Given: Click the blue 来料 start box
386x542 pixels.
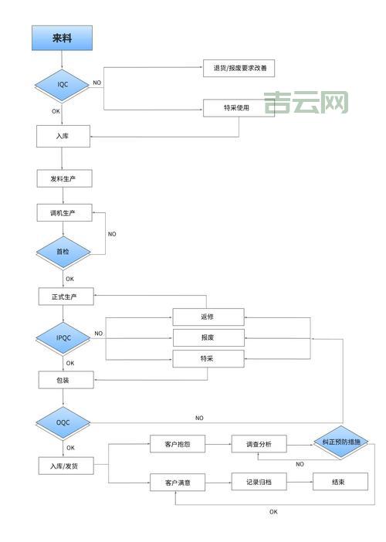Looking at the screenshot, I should click(x=62, y=38).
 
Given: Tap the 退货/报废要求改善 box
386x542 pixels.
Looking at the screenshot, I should click(x=239, y=68).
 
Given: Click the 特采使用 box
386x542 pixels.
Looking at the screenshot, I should click(x=239, y=108).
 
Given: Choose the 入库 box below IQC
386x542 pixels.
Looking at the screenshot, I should click(x=64, y=136).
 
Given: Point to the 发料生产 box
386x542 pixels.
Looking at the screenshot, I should click(x=64, y=178).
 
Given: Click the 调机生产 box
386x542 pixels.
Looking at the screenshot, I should click(x=64, y=213).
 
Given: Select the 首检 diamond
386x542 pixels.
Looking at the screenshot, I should click(x=63, y=252).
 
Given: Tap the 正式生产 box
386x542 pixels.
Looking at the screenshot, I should click(x=66, y=296).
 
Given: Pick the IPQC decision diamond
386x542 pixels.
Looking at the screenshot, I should click(x=63, y=337).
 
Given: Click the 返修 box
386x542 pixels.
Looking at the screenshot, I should click(x=208, y=317).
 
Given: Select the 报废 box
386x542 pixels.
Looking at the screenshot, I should click(x=208, y=337).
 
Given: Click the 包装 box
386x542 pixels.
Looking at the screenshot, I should click(x=66, y=379).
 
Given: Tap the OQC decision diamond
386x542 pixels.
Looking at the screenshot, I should click(x=63, y=422).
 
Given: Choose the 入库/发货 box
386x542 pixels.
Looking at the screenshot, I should click(x=66, y=466).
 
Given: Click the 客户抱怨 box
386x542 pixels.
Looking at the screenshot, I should click(x=177, y=444).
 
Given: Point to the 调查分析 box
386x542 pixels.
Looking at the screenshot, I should click(x=259, y=444).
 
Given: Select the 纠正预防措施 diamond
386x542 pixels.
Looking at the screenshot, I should click(x=340, y=442).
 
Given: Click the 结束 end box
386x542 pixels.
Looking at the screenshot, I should click(x=340, y=482).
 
